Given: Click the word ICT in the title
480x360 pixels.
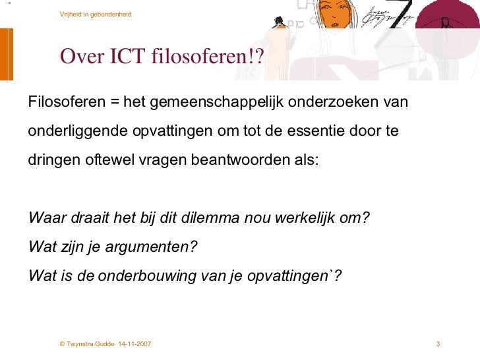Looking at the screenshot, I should pyautogui.click(x=125, y=57).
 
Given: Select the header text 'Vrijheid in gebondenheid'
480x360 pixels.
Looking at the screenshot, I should pyautogui.click(x=95, y=14).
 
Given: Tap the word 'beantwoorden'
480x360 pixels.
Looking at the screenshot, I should pyautogui.click(x=237, y=159).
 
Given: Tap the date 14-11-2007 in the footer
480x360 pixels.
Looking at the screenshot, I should pyautogui.click(x=135, y=345).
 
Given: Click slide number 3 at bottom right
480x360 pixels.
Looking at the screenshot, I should pyautogui.click(x=438, y=345).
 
